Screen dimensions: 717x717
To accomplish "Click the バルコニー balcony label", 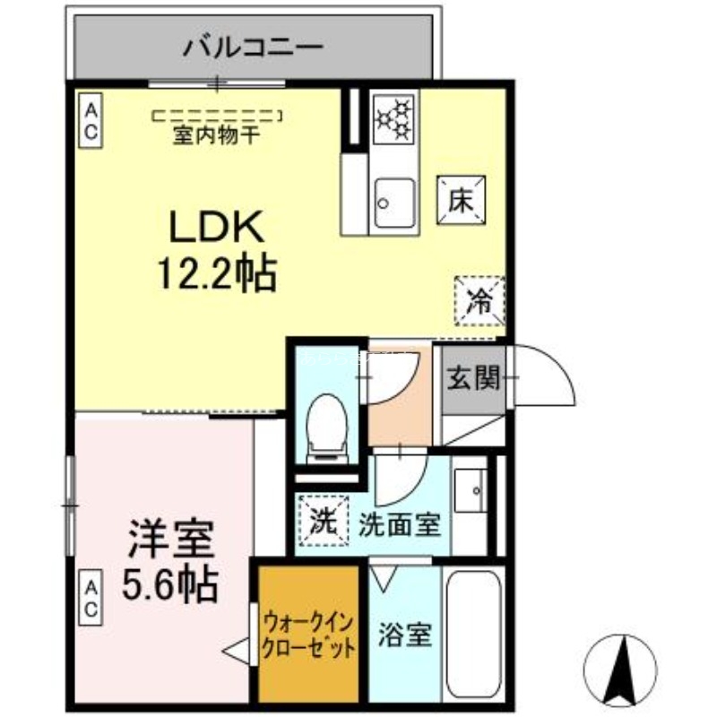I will pos(253,47).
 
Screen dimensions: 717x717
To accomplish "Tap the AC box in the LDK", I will pos(91,120).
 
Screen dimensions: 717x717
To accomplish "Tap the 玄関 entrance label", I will pos(472,380).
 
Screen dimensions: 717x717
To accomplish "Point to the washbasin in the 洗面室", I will pos(470,491).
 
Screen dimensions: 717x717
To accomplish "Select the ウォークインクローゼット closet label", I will pos(307,634).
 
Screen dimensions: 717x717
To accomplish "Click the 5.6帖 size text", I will pos(170,584).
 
